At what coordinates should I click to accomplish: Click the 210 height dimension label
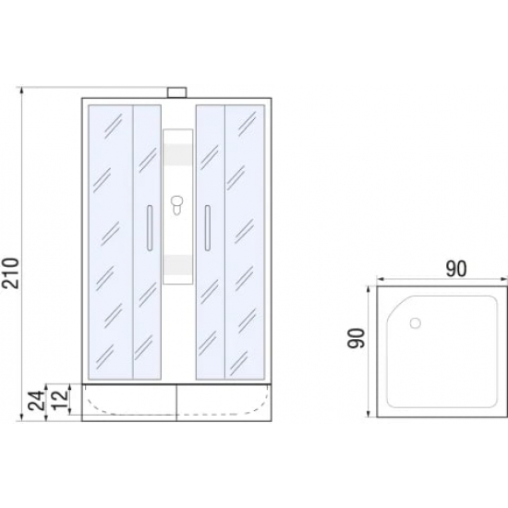(x=10, y=272)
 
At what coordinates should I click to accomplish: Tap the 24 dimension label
(x=36, y=401)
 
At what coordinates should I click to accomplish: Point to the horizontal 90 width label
(x=456, y=269)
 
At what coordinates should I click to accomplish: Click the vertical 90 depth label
(x=356, y=338)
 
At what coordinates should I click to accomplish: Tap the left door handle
(x=150, y=228)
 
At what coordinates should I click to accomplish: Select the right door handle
(x=207, y=228)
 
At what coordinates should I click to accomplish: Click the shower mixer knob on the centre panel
(x=176, y=205)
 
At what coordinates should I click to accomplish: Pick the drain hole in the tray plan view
(x=416, y=323)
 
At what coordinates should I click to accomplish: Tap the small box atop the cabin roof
(x=177, y=92)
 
